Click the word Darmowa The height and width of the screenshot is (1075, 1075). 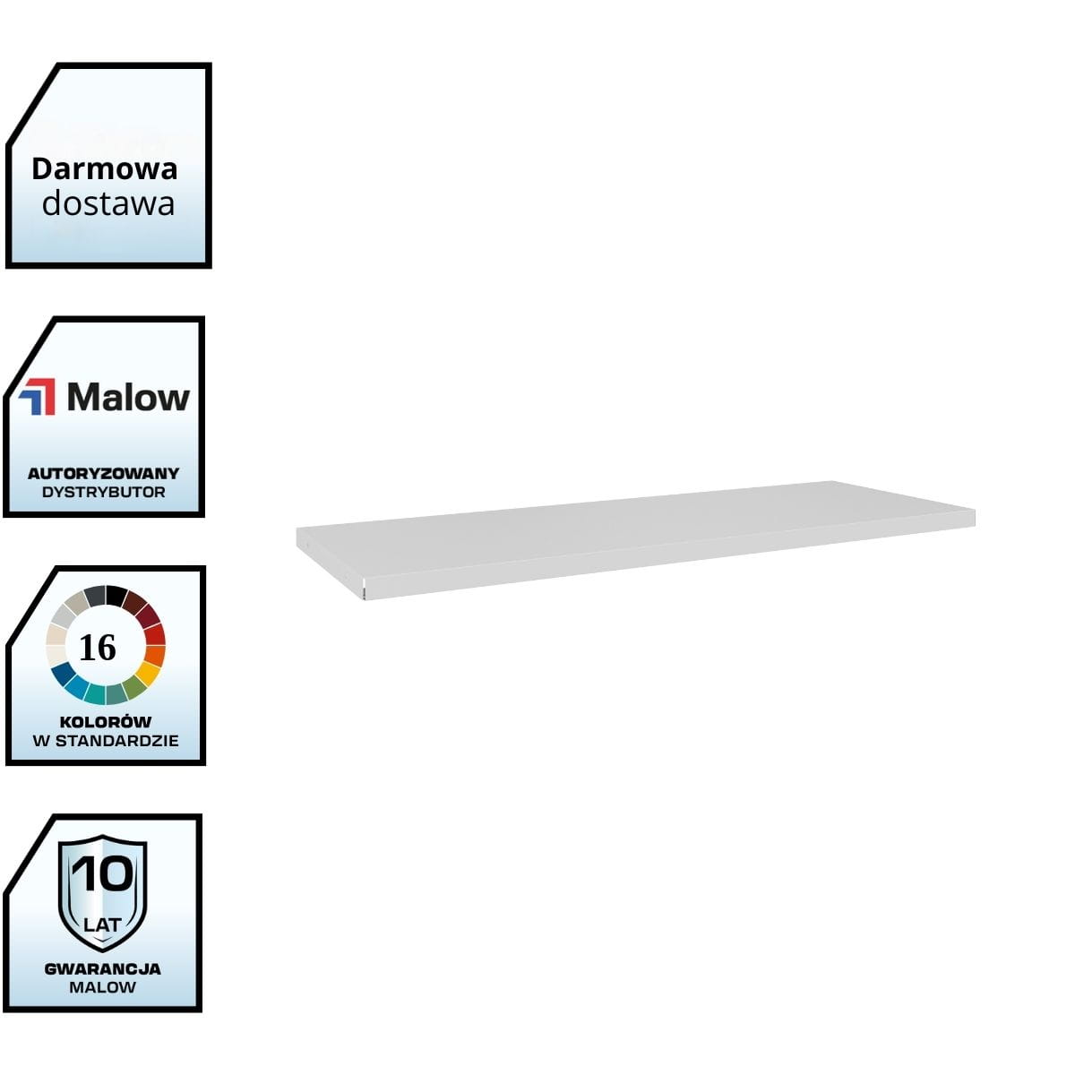[x=104, y=168]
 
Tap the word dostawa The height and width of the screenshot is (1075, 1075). [x=107, y=203]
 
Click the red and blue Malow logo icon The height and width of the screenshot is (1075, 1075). [x=38, y=396]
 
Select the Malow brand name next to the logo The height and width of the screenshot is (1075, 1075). [x=128, y=397]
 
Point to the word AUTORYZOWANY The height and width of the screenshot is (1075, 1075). [x=103, y=473]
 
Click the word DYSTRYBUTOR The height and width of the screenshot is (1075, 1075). [x=103, y=492]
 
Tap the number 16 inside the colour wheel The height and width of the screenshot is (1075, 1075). [x=98, y=647]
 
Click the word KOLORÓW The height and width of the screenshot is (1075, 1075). [x=105, y=721]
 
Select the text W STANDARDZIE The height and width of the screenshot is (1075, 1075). [x=105, y=741]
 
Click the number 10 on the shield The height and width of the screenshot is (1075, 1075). [x=102, y=873]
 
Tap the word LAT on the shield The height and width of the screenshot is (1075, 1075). [x=101, y=924]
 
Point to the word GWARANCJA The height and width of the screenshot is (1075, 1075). [x=102, y=968]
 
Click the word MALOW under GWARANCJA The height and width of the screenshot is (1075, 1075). [x=102, y=987]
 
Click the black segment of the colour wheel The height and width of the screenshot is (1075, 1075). [x=116, y=596]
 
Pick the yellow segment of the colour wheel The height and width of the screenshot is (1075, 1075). [x=147, y=672]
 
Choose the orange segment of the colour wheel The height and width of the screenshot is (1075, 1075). [x=154, y=655]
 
